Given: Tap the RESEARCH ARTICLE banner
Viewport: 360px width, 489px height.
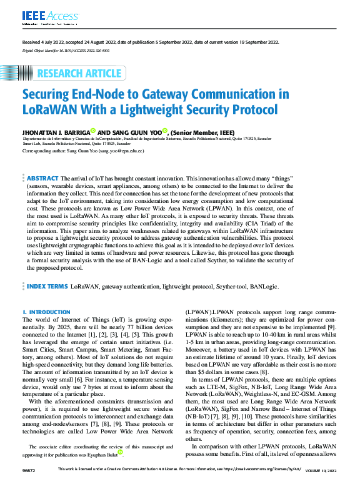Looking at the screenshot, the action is point(79,74).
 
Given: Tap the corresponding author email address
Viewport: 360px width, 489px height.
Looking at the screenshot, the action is point(121,151).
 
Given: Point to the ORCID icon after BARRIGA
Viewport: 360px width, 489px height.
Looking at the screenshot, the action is point(92,131).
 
